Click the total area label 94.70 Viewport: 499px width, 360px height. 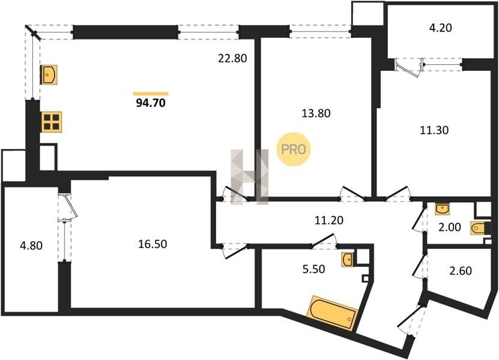coord(151,103)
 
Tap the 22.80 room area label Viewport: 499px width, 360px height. coord(232,58)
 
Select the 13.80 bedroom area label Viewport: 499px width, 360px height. coord(316,113)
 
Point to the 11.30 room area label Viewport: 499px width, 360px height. coord(434,130)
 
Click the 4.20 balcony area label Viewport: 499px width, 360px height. coord(440,28)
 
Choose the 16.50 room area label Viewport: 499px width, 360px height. coord(153,244)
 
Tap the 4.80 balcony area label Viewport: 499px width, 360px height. coord(31,245)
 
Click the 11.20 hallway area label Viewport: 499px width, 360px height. coord(329,220)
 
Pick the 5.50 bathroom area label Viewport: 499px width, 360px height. coord(314,269)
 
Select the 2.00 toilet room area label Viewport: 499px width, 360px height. coord(449,227)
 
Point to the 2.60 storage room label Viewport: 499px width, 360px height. coord(460,271)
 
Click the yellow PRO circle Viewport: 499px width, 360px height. coord(293,149)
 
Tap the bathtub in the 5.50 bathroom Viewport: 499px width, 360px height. coord(333,313)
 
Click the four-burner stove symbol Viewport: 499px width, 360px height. coord(51,122)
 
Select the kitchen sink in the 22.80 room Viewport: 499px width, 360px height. coord(49,75)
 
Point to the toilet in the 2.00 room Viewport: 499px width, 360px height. coord(478,228)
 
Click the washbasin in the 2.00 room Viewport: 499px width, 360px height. coord(442,209)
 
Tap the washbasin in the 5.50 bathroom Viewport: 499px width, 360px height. coord(347,260)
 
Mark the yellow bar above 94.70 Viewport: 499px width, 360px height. coord(151,94)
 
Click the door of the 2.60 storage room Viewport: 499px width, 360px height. coord(419,265)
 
